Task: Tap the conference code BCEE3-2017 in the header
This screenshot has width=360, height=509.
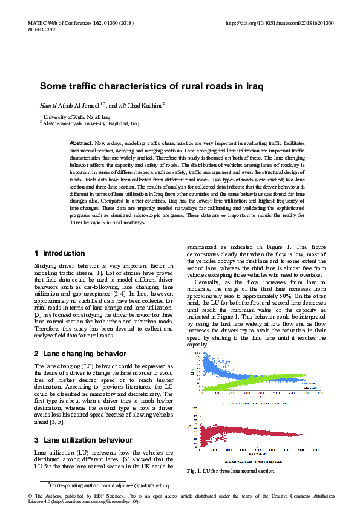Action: [x=41, y=29]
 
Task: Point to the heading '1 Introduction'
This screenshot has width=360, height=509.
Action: [x=60, y=253]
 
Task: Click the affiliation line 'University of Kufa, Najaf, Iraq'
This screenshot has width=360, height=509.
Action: [x=76, y=117]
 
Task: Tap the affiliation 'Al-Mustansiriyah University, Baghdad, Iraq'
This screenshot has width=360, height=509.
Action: [x=91, y=123]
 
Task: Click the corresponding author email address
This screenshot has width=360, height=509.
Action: [x=140, y=485]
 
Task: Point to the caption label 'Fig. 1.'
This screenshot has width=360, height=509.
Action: [x=195, y=471]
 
